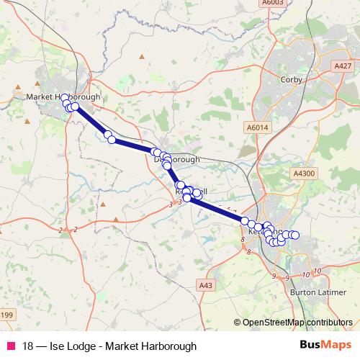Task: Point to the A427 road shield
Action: tap(343, 66)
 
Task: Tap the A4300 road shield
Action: tap(305, 174)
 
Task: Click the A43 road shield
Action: tap(206, 286)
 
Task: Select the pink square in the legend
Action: tap(11, 346)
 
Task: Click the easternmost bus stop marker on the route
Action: tap(294, 235)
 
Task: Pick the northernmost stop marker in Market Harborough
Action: tap(64, 98)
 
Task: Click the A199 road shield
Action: tap(6, 315)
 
